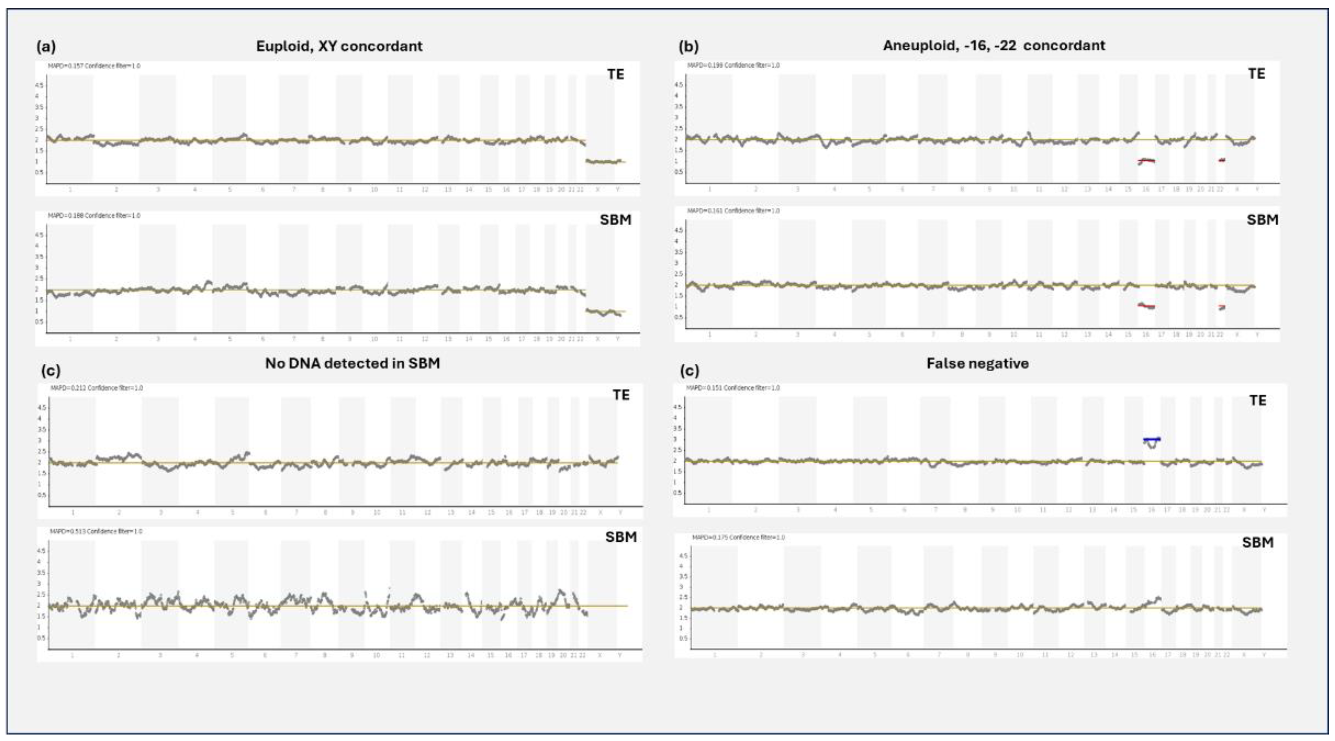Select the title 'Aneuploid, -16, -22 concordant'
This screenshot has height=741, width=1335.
(993, 46)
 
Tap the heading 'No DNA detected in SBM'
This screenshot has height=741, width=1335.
(353, 363)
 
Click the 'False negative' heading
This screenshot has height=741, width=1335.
(978, 363)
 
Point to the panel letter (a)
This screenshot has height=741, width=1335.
(46, 47)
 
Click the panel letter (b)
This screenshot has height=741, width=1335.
(688, 47)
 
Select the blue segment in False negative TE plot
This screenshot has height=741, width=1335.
(1152, 439)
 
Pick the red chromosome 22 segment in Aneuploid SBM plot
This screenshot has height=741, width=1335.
(1222, 306)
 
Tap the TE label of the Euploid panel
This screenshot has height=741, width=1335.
(615, 75)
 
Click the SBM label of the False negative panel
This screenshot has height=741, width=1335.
(1257, 543)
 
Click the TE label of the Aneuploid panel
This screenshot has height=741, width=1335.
(1256, 74)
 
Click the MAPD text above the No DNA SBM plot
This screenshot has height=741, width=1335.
(96, 532)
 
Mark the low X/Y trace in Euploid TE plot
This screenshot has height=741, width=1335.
(604, 162)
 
